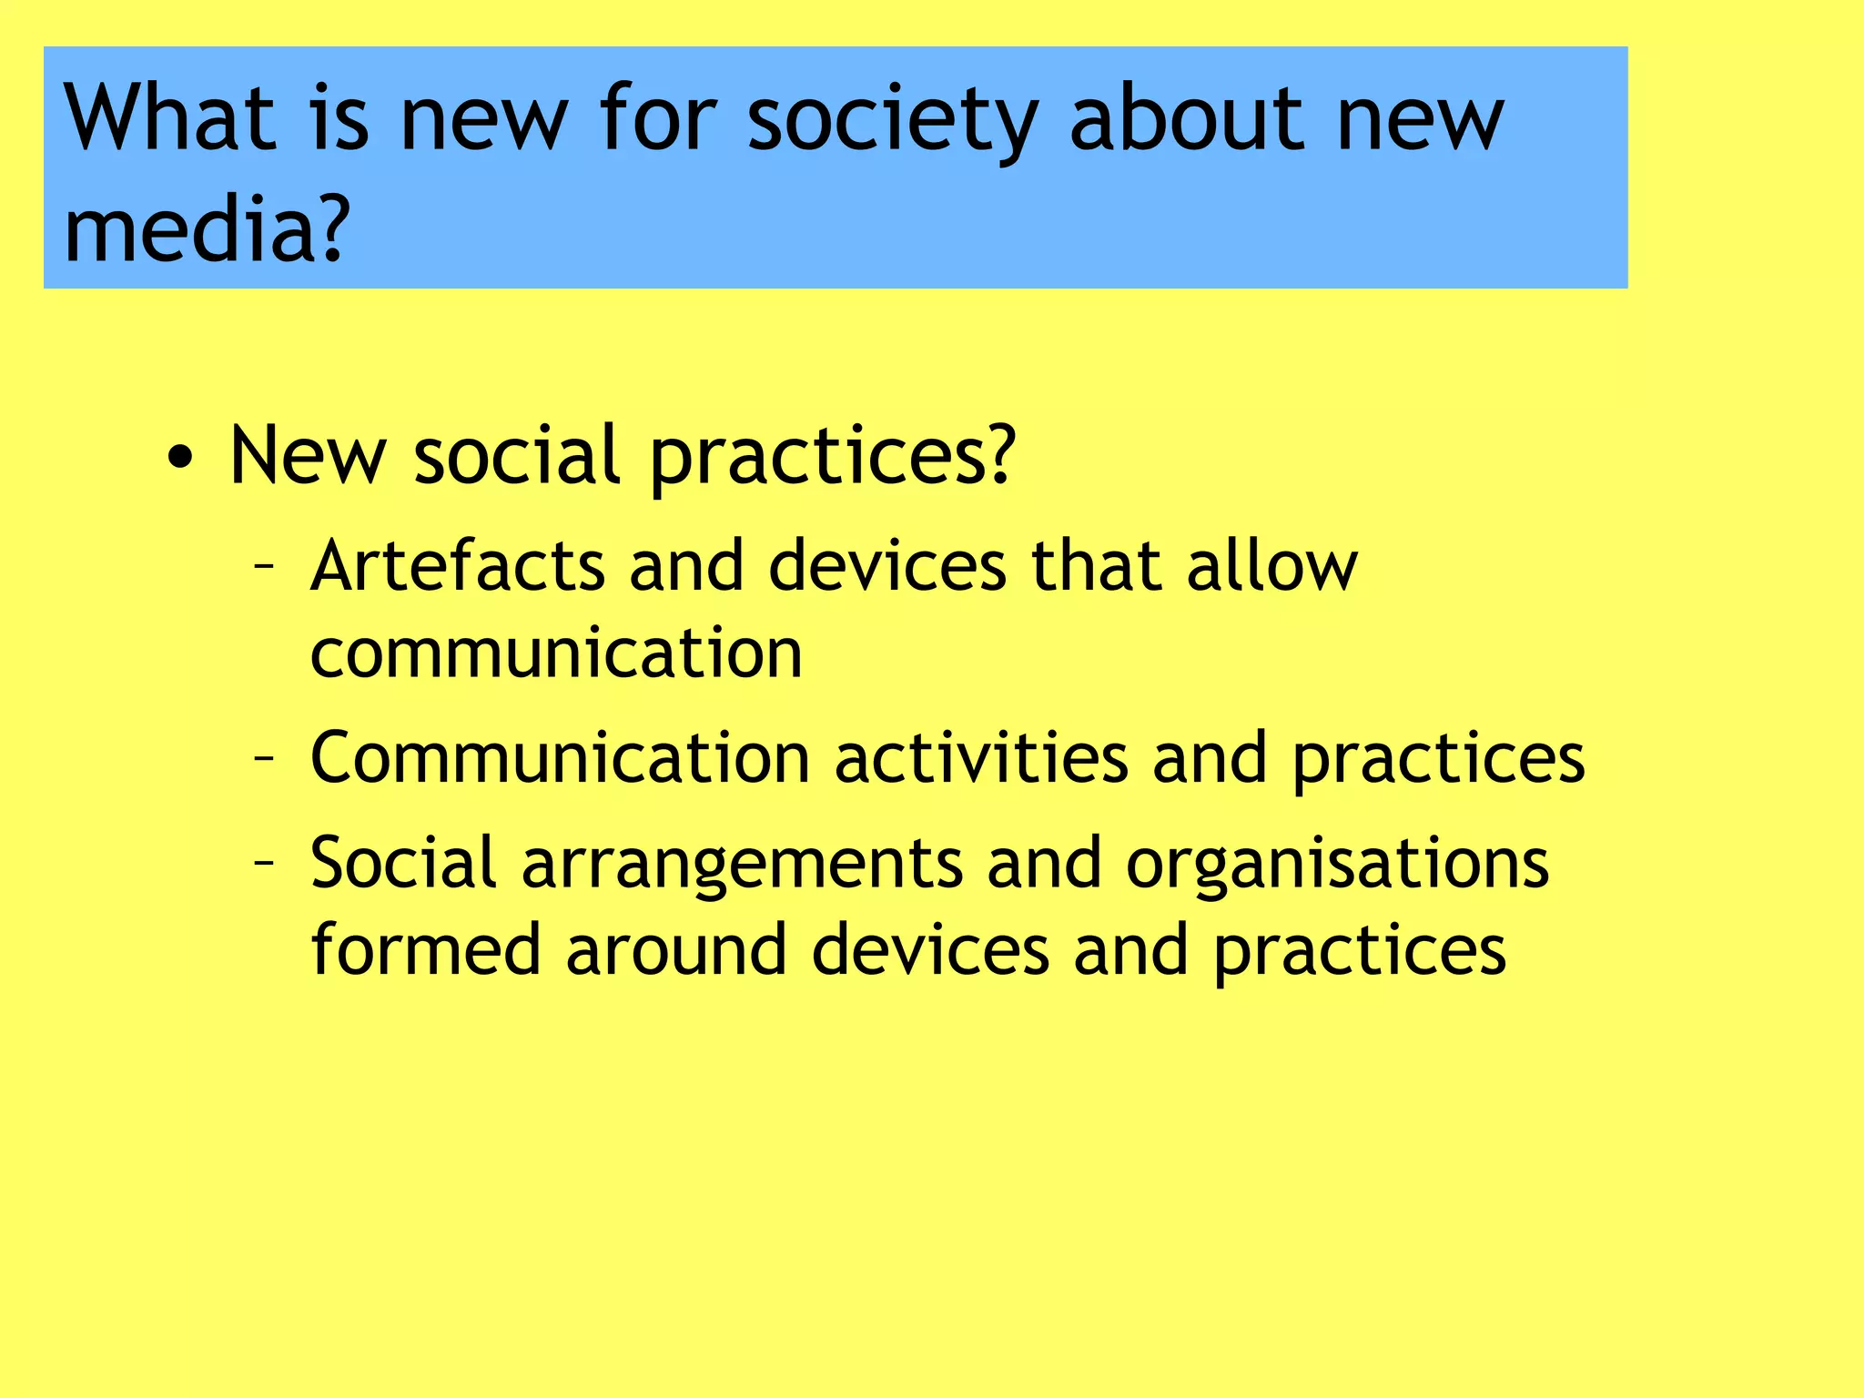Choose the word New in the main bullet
(x=308, y=454)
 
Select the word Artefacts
(x=458, y=566)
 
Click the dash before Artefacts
(x=264, y=567)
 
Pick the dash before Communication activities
(x=264, y=757)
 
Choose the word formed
(x=426, y=949)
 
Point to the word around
(x=675, y=949)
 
